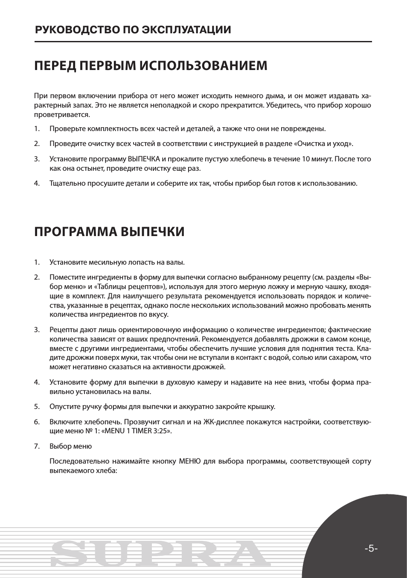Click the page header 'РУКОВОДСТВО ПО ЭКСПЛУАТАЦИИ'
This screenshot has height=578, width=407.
(133, 30)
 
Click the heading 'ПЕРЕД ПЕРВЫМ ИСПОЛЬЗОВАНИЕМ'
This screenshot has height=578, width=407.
(151, 66)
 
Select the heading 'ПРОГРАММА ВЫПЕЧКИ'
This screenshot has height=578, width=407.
(109, 232)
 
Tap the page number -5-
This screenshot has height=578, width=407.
(371, 549)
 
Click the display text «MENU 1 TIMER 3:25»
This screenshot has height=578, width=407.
(139, 431)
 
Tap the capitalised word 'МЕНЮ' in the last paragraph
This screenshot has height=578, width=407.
(187, 461)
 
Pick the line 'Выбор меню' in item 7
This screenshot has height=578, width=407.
(70, 446)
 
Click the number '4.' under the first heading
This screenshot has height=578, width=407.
(37, 184)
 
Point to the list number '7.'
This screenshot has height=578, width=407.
(37, 446)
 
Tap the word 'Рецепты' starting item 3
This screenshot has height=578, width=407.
(62, 330)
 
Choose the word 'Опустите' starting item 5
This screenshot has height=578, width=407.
(64, 406)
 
